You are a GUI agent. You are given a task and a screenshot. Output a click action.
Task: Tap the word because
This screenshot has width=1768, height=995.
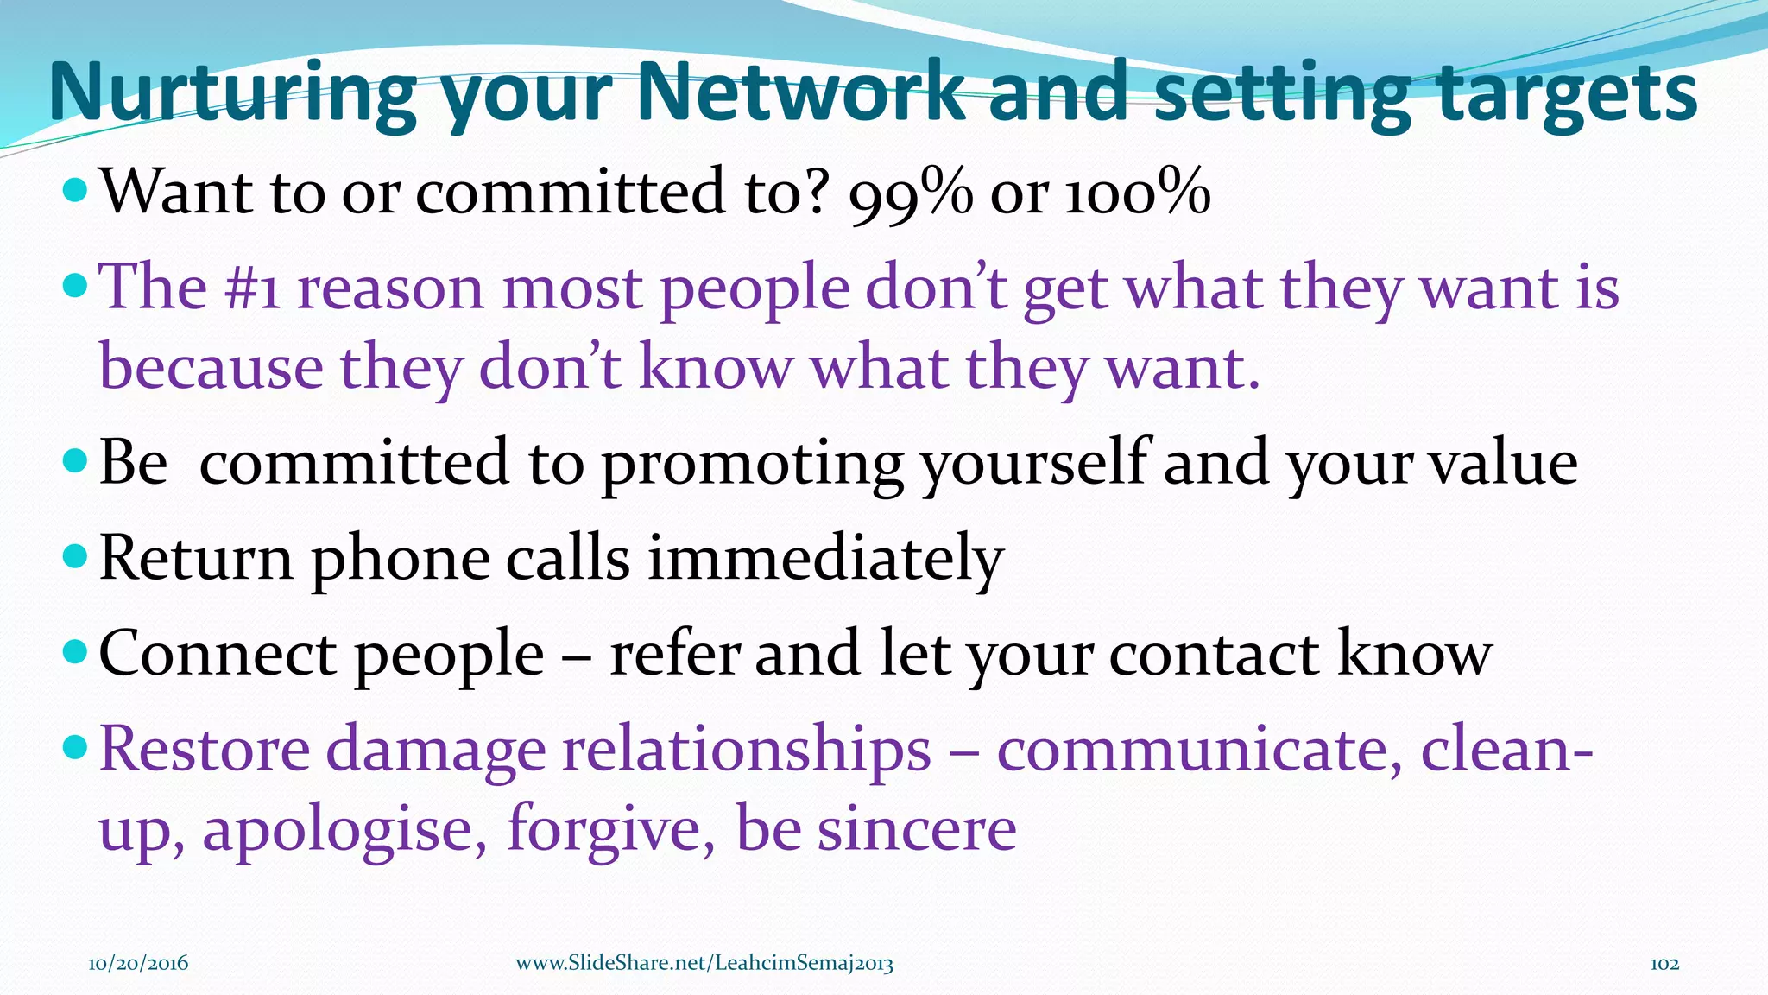pos(212,367)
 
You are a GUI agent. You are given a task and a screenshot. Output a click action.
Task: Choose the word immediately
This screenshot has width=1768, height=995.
pos(825,559)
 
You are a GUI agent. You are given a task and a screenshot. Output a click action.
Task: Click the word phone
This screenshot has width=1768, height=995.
pos(401,559)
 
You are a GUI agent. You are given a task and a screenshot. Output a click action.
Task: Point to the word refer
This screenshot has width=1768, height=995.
pos(674,654)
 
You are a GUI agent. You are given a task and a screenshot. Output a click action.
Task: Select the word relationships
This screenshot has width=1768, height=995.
pos(747,749)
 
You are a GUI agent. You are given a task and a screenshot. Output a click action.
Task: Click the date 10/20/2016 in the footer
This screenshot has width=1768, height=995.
pos(138,963)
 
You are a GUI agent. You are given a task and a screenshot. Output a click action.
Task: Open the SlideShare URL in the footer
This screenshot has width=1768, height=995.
pos(704,963)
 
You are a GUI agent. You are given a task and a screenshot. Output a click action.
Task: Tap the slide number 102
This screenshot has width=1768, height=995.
pos(1664,963)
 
